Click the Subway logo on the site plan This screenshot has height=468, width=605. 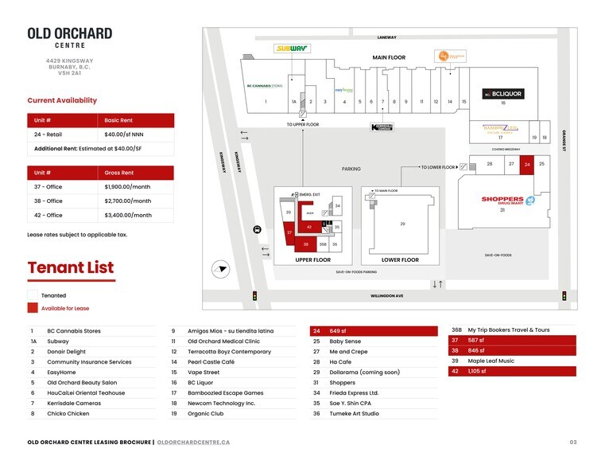tap(292, 49)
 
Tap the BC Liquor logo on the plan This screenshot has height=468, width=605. tap(503, 94)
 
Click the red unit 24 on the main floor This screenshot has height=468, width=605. tap(527, 164)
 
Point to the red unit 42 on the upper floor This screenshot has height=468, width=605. tap(309, 228)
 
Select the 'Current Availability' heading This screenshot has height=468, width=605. tap(62, 100)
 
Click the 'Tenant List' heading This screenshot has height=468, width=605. tap(71, 267)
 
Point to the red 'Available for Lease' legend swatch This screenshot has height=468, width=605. tap(33, 308)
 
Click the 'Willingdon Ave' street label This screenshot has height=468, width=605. tap(387, 296)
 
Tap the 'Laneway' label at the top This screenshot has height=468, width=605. tap(386, 37)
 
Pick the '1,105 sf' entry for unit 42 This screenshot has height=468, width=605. tap(477, 371)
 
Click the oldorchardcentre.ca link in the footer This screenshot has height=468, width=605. tap(194, 442)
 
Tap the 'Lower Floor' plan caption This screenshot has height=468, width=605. tap(400, 260)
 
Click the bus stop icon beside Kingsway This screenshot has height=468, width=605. tap(256, 229)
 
